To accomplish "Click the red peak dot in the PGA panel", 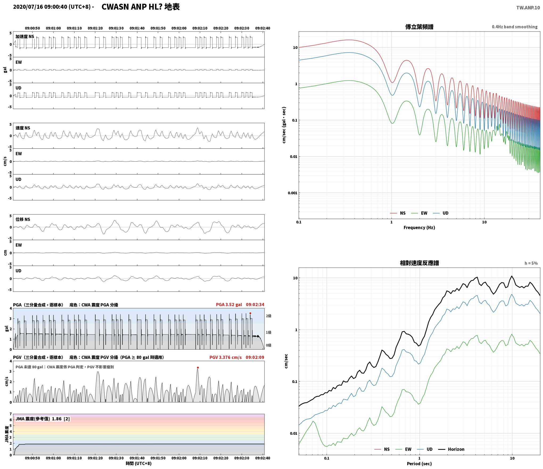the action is (250, 313).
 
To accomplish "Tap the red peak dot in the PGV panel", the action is (198, 367).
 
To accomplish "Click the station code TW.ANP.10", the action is (528, 8).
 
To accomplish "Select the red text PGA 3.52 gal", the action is (229, 305).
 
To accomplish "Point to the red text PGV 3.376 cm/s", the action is (225, 357).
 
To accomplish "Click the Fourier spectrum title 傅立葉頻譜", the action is (419, 27).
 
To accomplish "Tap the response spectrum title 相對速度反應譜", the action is (419, 263).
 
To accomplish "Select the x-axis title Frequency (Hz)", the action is (419, 228).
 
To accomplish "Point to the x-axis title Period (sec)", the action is (419, 464).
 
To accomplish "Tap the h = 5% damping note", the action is (531, 263).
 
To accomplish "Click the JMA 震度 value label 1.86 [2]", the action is (61, 419).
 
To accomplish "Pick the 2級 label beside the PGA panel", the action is (269, 316).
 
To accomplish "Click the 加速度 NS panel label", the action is (25, 37).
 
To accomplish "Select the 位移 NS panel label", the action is (23, 220).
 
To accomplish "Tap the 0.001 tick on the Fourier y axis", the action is (293, 193).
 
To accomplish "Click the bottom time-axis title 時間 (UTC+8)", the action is (139, 464).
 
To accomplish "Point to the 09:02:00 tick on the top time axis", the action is (179, 28).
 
